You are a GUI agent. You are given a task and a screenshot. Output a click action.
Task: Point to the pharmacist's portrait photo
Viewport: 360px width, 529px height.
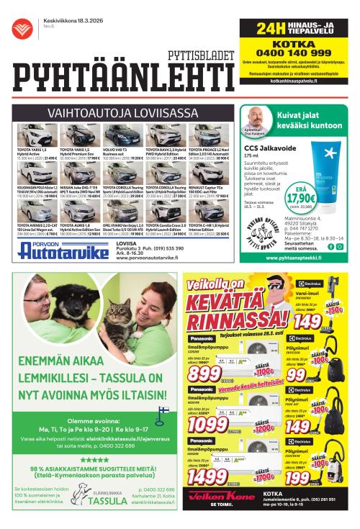[253, 117]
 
